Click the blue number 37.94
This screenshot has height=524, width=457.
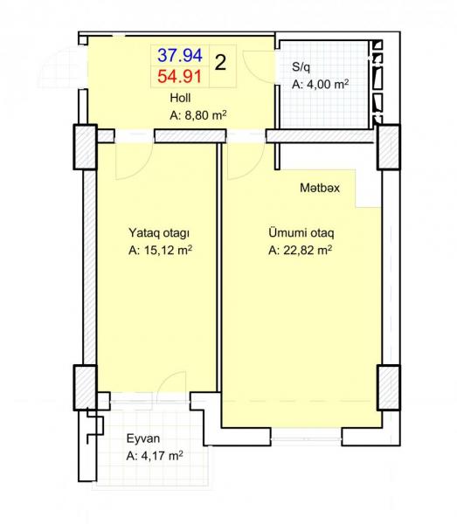pyautogui.click(x=180, y=56)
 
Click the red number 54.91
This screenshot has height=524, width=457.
pyautogui.click(x=180, y=77)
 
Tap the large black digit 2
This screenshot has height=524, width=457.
pyautogui.click(x=220, y=62)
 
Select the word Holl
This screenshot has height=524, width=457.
pyautogui.click(x=180, y=98)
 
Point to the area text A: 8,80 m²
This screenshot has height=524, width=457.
pyautogui.click(x=198, y=115)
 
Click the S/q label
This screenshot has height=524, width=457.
pyautogui.click(x=301, y=67)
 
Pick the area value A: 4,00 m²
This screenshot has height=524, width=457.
pyautogui.click(x=321, y=84)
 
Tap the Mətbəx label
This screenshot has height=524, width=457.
pyautogui.click(x=320, y=188)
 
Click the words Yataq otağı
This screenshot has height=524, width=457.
pyautogui.click(x=159, y=233)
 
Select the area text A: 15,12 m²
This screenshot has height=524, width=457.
pyautogui.click(x=160, y=250)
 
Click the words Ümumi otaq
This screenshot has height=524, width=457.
pyautogui.click(x=301, y=232)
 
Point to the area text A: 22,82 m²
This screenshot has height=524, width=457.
pyautogui.click(x=301, y=250)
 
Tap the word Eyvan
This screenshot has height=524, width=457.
pyautogui.click(x=143, y=438)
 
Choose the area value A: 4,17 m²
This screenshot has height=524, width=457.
pyautogui.click(x=155, y=456)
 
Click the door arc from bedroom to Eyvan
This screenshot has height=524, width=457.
pyautogui.click(x=163, y=377)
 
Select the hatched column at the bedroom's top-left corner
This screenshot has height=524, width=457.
pyautogui.click(x=86, y=147)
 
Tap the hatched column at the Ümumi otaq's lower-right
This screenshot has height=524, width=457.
pyautogui.click(x=389, y=388)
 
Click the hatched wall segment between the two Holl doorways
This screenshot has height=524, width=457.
pyautogui.click(x=190, y=136)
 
